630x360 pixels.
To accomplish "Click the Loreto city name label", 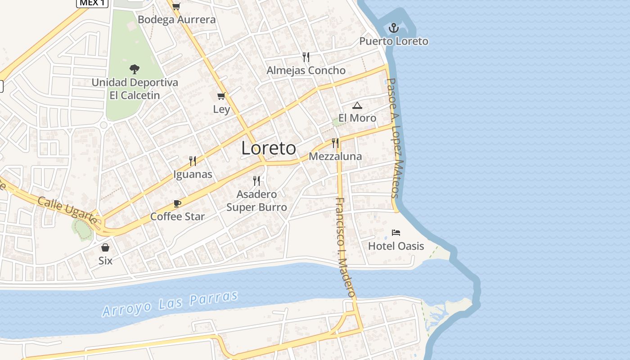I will pos(269,148).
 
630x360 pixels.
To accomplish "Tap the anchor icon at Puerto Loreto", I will pos(394,28).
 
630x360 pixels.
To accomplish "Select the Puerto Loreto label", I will pos(394,41).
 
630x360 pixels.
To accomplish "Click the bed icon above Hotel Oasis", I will pos(396,233).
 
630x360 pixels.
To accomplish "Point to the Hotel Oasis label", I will pos(396,246).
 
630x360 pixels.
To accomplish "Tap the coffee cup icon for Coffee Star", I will pos(177,203).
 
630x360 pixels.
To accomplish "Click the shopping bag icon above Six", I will pos(105,247).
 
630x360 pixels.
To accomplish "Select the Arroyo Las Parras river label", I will pos(170,304).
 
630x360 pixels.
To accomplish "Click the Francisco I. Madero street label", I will pos(346,247).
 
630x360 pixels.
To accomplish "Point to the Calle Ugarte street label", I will pos(67,210).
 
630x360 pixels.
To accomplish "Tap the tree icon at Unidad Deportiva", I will pos(134,69).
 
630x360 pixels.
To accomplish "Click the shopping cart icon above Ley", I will pos(221,96).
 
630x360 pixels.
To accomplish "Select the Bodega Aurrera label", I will pos(177,20).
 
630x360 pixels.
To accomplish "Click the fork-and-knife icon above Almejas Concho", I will pos(306,57).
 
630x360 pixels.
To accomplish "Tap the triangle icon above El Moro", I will pos(357,106).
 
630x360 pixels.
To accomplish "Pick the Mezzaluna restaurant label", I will pos(335,157).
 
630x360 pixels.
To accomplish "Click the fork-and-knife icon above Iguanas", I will pos(193,161).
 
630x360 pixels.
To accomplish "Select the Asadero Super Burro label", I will pos(256,201).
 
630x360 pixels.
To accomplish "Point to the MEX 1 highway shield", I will pos(92,3).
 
